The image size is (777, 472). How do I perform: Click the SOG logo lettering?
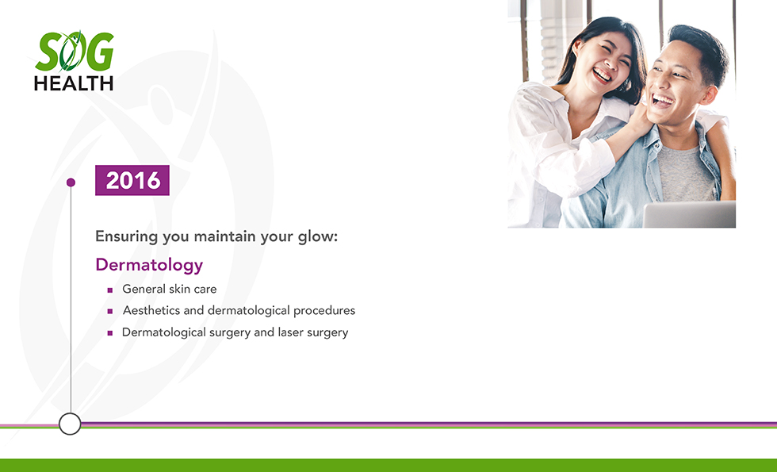pos(75,52)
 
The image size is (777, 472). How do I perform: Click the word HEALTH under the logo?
pos(74,83)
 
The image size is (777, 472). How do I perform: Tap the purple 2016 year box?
pos(132,180)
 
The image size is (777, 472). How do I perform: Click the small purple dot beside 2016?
pos(71,182)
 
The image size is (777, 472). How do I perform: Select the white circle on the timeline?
pos(70,424)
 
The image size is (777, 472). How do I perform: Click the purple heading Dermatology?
pos(149,265)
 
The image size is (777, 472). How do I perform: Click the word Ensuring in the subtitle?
pos(126,236)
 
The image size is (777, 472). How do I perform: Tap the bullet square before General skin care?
pos(110,290)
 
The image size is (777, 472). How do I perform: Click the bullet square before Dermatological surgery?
pos(110,333)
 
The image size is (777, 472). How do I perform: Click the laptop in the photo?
pos(689,214)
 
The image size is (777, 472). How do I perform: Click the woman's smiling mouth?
pos(602,75)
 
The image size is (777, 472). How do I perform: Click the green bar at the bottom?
pos(388,465)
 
